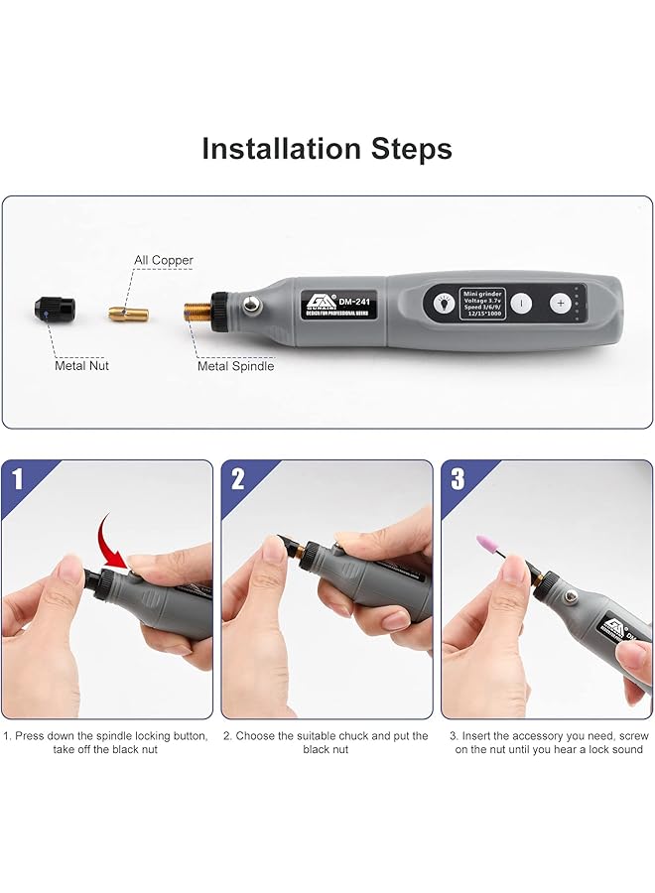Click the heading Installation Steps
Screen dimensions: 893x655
click(x=327, y=149)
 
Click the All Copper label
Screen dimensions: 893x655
click(x=164, y=260)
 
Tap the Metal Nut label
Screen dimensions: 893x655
click(x=81, y=366)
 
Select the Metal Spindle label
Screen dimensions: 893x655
click(x=235, y=366)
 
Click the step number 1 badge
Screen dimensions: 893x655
click(x=18, y=479)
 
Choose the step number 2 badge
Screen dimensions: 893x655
click(x=238, y=479)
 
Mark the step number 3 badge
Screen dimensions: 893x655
click(x=458, y=479)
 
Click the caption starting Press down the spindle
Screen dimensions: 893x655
click(x=106, y=742)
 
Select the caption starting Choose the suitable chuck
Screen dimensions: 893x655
click(x=327, y=742)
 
